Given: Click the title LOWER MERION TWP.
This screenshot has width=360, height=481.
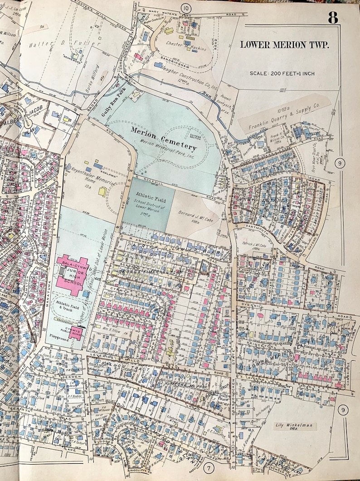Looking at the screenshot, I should tap(284, 44).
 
